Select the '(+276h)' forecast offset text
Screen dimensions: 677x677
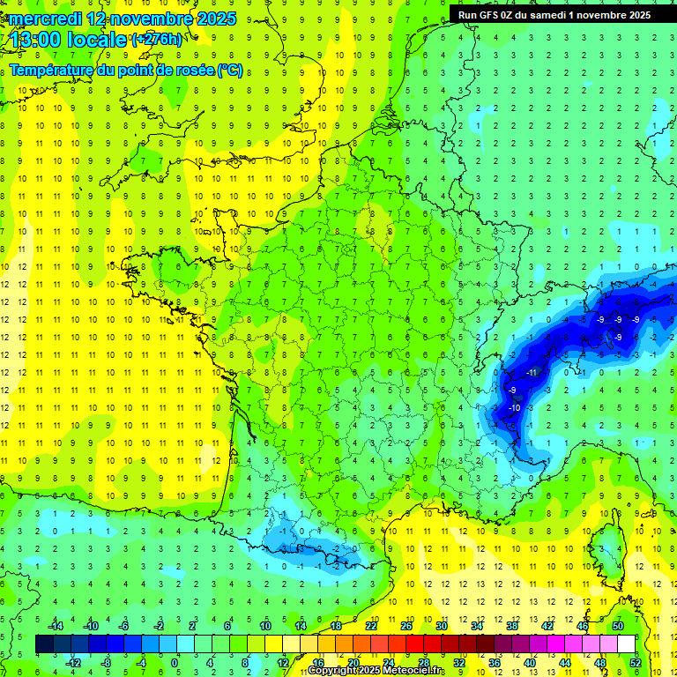tap(156, 40)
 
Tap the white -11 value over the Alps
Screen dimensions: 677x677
tap(532, 372)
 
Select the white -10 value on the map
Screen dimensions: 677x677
tap(515, 406)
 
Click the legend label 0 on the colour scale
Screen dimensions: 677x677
tap(174, 663)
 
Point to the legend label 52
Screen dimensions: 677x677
tap(635, 663)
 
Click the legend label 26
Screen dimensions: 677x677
tap(406, 626)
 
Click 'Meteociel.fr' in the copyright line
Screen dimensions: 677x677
tap(414, 672)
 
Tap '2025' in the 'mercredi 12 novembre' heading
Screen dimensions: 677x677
tap(214, 19)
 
